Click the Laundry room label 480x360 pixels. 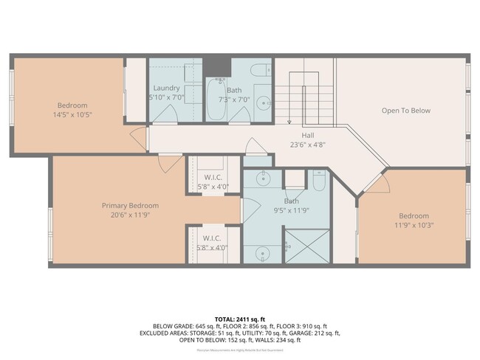[x=166, y=88]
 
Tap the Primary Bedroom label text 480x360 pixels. [x=130, y=206]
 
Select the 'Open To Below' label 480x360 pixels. [x=405, y=111]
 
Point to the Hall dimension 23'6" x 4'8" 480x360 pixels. [x=308, y=145]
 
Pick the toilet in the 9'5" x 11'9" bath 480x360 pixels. [x=318, y=181]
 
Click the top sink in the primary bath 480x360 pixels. [x=263, y=178]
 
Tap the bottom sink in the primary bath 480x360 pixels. [x=263, y=253]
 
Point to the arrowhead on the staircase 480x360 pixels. [x=289, y=122]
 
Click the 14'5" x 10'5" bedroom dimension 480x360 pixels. [x=72, y=115]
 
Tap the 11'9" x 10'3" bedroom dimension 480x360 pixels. [x=413, y=225]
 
